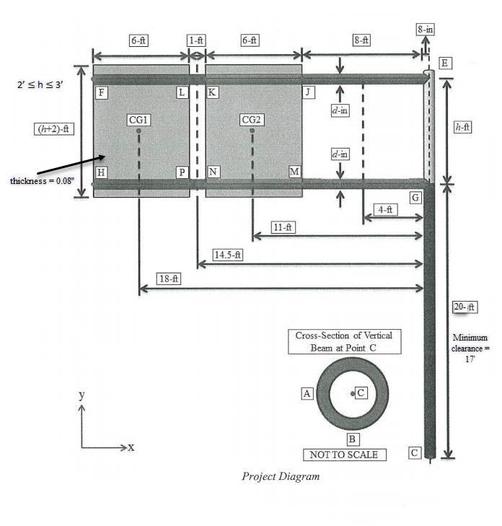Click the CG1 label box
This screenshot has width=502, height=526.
138,119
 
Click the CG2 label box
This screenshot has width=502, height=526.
252,119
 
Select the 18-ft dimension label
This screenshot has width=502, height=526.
169,279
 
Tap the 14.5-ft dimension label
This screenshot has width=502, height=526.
228,255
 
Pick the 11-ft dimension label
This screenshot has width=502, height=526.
284,227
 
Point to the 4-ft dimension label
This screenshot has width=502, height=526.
386,209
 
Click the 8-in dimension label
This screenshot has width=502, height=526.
425,30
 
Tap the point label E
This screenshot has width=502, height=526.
445,63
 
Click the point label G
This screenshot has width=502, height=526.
415,197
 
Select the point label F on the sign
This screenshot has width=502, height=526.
102,92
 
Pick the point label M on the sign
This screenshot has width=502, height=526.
294,171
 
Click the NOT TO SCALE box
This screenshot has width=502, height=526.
343,455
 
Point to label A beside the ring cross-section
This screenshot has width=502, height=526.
307,393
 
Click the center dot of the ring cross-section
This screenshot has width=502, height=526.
352,393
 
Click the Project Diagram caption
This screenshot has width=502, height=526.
281,476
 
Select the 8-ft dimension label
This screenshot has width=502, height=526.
361,41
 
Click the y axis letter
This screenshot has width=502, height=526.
82,395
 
